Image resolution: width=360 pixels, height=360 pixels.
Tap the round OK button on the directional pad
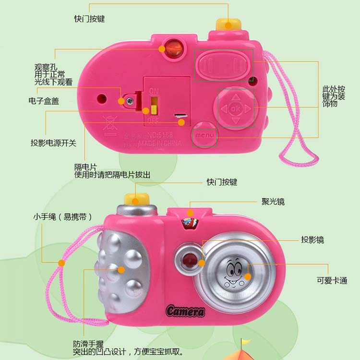[235, 108]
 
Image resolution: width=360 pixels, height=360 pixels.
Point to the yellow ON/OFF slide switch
[154, 104]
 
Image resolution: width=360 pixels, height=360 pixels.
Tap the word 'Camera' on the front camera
[185, 311]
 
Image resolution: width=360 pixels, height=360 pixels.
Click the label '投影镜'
[312, 240]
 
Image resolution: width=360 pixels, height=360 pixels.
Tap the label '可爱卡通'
[332, 281]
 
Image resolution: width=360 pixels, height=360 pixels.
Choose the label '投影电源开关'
[53, 143]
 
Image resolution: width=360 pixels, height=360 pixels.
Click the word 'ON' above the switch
[154, 91]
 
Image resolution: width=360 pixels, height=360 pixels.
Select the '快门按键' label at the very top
[89, 19]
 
